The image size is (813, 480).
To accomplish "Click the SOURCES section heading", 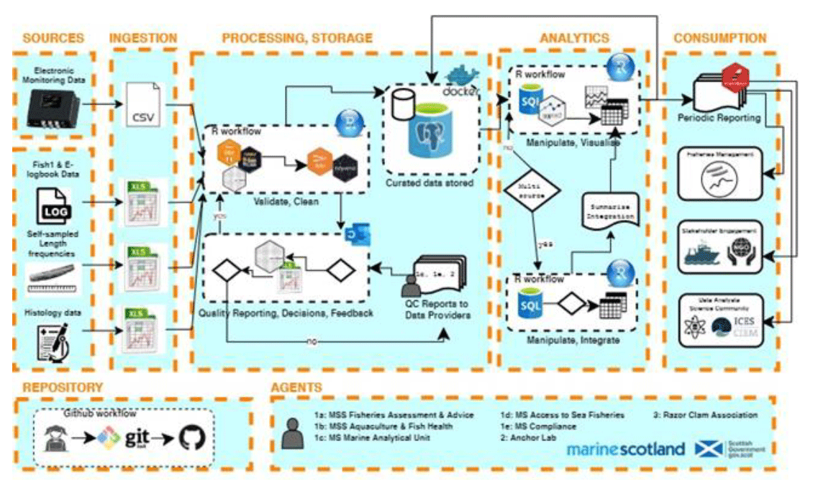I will tap(52, 37).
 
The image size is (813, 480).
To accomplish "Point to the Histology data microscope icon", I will tap(52, 339).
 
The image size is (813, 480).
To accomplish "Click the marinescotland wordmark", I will tap(625, 449).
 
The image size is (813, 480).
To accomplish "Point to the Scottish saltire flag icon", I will tap(709, 449).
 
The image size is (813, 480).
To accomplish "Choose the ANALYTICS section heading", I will tap(574, 37).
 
